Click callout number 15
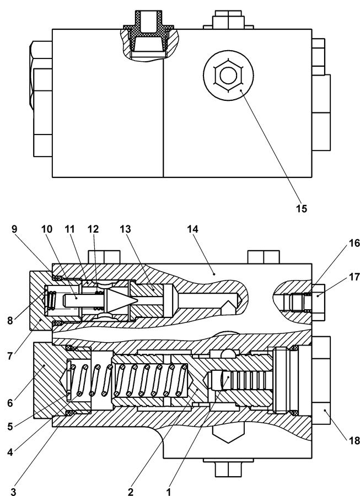tap(300, 209)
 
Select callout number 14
tap(193, 228)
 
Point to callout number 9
tap(14, 228)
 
